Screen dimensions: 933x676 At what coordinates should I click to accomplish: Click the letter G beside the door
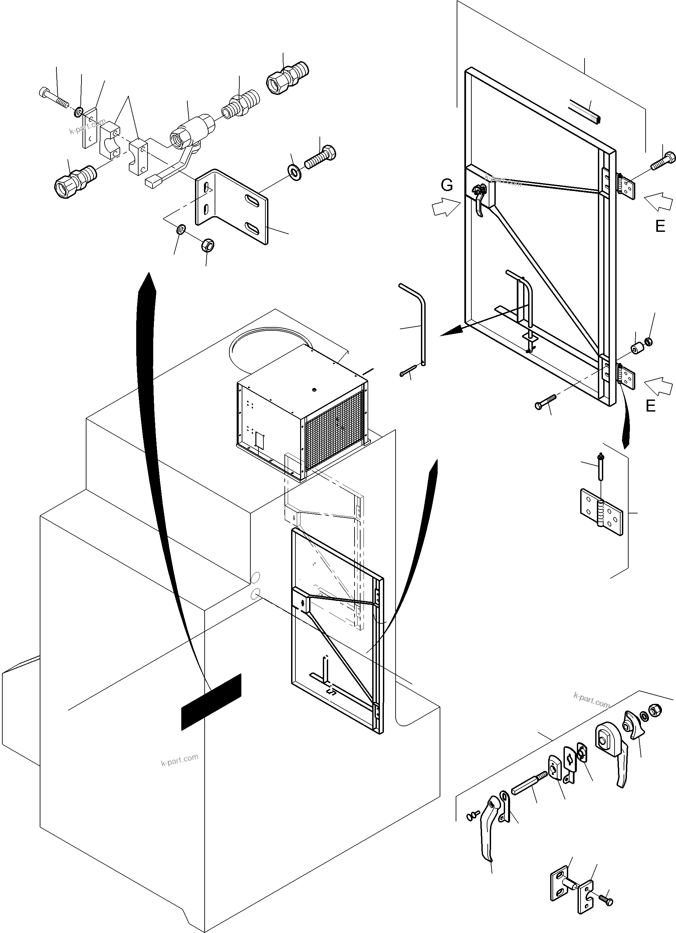tap(447, 185)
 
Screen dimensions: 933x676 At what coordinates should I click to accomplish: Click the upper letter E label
tap(660, 226)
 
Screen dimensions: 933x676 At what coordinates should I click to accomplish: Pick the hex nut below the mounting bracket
tap(208, 246)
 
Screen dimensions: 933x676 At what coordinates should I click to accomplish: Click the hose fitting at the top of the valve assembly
tap(287, 77)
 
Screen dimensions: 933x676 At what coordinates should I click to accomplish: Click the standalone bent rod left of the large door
tap(416, 321)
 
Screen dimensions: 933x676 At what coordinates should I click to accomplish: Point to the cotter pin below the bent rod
tap(408, 370)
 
